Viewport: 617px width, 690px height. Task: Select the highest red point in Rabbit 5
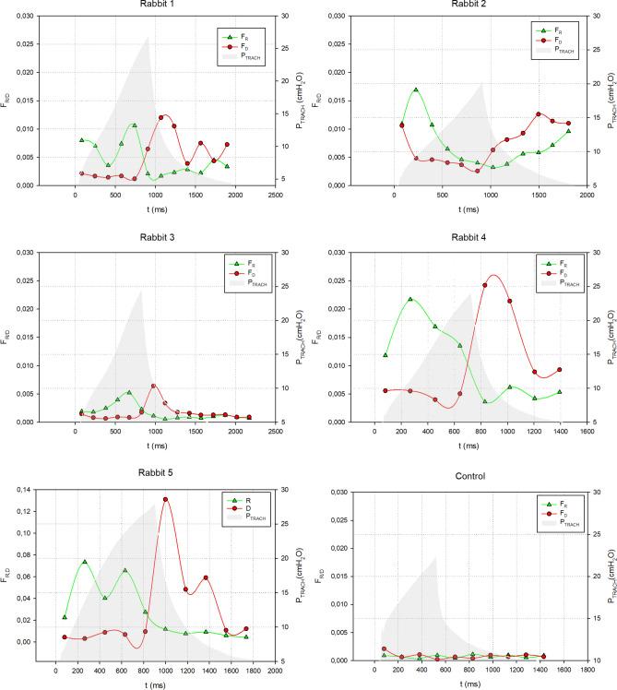(166, 499)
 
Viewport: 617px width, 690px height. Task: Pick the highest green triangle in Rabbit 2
(416, 89)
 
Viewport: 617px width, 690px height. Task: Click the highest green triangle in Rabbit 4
(410, 299)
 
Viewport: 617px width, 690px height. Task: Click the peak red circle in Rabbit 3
(153, 387)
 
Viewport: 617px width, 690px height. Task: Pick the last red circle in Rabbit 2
(568, 124)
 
